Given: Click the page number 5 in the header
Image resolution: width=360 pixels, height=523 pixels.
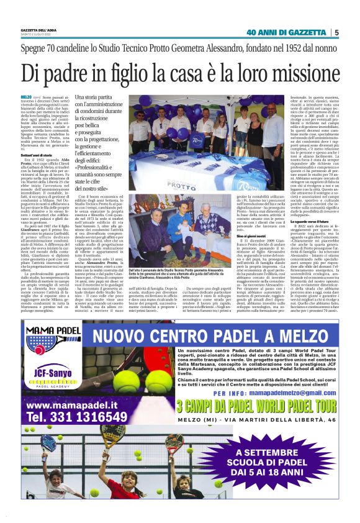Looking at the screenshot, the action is [336, 33].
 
